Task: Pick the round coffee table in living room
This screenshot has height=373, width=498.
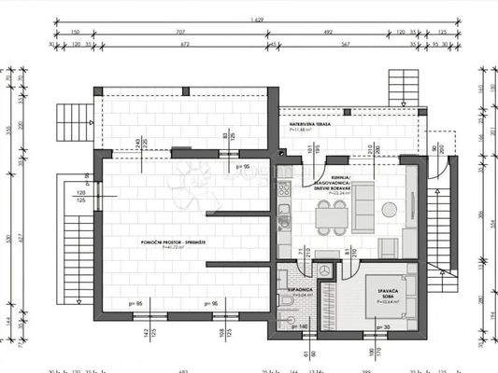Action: click(x=387, y=208)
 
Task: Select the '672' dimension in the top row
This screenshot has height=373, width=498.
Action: click(x=183, y=43)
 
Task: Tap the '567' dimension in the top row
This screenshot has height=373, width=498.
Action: click(x=346, y=43)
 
